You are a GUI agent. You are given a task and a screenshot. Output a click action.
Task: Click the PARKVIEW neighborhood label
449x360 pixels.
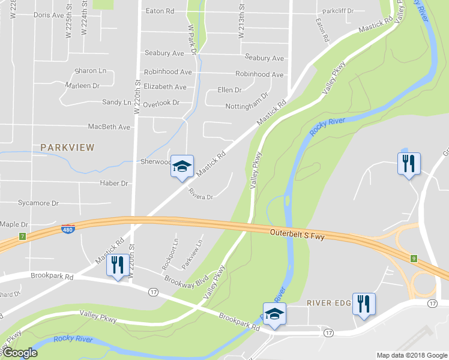coord(67,147)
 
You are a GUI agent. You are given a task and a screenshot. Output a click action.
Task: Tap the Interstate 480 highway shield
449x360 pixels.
coord(68,229)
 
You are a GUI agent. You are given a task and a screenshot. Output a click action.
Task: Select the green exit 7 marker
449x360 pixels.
coord(23,236)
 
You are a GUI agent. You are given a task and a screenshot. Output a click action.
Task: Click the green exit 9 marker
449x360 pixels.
coord(414,259)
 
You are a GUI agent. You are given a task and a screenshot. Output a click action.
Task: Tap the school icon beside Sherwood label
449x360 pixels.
coord(182,166)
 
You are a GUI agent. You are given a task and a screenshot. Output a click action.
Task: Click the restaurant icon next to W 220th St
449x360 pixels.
coord(117,265)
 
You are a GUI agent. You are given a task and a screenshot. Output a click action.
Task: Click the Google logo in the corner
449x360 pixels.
coord(19,353)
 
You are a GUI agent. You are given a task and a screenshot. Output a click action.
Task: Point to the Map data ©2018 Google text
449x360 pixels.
coord(411,355)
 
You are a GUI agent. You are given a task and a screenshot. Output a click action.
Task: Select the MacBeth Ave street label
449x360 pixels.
coord(109,127)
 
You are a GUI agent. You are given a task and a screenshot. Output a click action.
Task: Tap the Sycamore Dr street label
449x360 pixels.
coord(38,203)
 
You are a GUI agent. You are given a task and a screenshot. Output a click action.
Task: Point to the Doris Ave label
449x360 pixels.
coord(49,14)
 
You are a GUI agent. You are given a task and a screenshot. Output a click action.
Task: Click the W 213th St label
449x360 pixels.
coord(241,24)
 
